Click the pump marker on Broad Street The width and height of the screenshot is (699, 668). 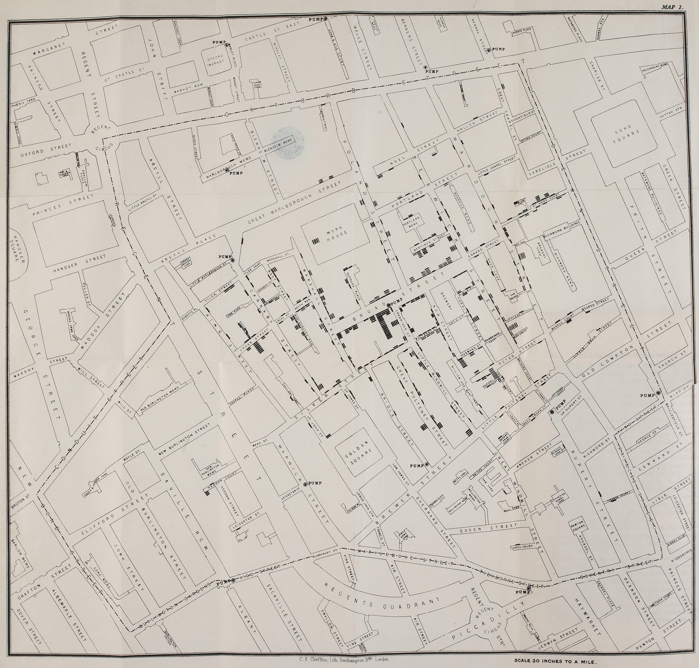[x=389, y=304]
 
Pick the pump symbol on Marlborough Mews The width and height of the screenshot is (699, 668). [x=226, y=171]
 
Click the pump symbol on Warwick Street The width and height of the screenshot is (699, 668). [x=305, y=484]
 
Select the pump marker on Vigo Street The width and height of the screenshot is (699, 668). [x=233, y=580]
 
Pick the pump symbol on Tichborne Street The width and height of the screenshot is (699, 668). [x=529, y=589]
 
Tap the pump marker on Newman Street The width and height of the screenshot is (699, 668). [x=489, y=50]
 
